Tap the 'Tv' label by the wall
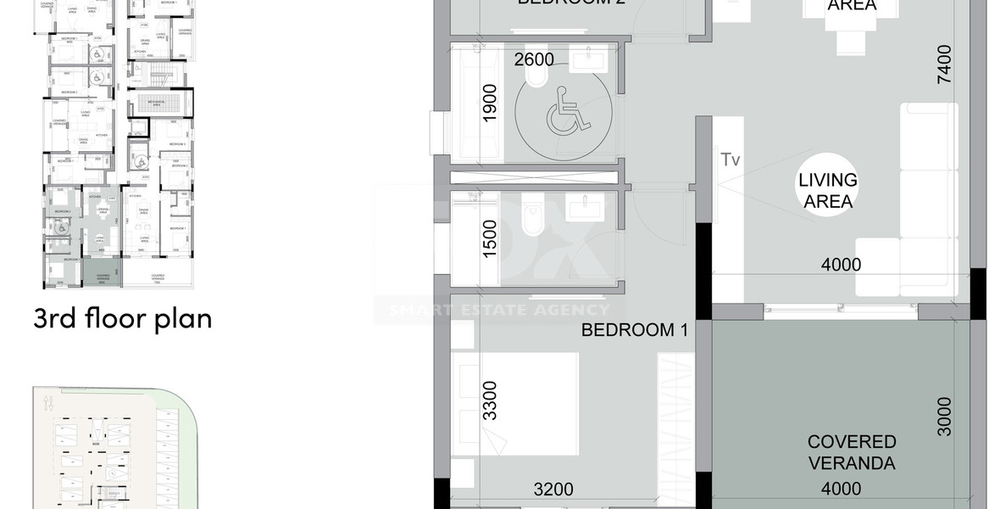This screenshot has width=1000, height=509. pyautogui.click(x=730, y=159)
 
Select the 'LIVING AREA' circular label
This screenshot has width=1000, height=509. pyautogui.click(x=828, y=191)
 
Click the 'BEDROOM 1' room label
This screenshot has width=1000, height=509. pyautogui.click(x=634, y=331)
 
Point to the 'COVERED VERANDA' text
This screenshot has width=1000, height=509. pyautogui.click(x=852, y=452)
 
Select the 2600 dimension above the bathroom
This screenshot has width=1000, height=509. pyautogui.click(x=534, y=59)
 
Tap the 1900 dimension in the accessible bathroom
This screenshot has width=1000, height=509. pyautogui.click(x=490, y=104)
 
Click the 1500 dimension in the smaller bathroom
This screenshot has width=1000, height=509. pyautogui.click(x=490, y=238)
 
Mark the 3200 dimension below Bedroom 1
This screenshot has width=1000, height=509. pyautogui.click(x=554, y=489)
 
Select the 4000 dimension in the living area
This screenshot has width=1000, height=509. pyautogui.click(x=841, y=265)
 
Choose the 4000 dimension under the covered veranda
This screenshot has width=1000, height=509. pyautogui.click(x=841, y=489)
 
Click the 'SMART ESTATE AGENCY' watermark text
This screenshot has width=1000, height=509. pyautogui.click(x=499, y=310)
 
